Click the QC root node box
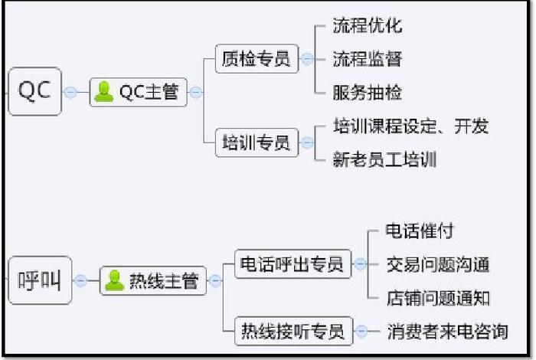34,91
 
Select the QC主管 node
139,93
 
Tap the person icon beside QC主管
103,93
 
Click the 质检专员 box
257,59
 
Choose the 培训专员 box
257,142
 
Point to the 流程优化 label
368,25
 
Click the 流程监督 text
368,59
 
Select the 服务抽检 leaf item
368,93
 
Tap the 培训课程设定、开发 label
411,126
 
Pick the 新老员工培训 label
384,160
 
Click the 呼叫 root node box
39,280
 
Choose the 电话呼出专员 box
292,264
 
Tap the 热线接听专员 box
292,332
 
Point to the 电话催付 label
420,231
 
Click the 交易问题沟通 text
438,265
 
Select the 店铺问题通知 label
438,298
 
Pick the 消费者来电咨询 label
448,332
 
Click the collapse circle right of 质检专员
307,59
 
